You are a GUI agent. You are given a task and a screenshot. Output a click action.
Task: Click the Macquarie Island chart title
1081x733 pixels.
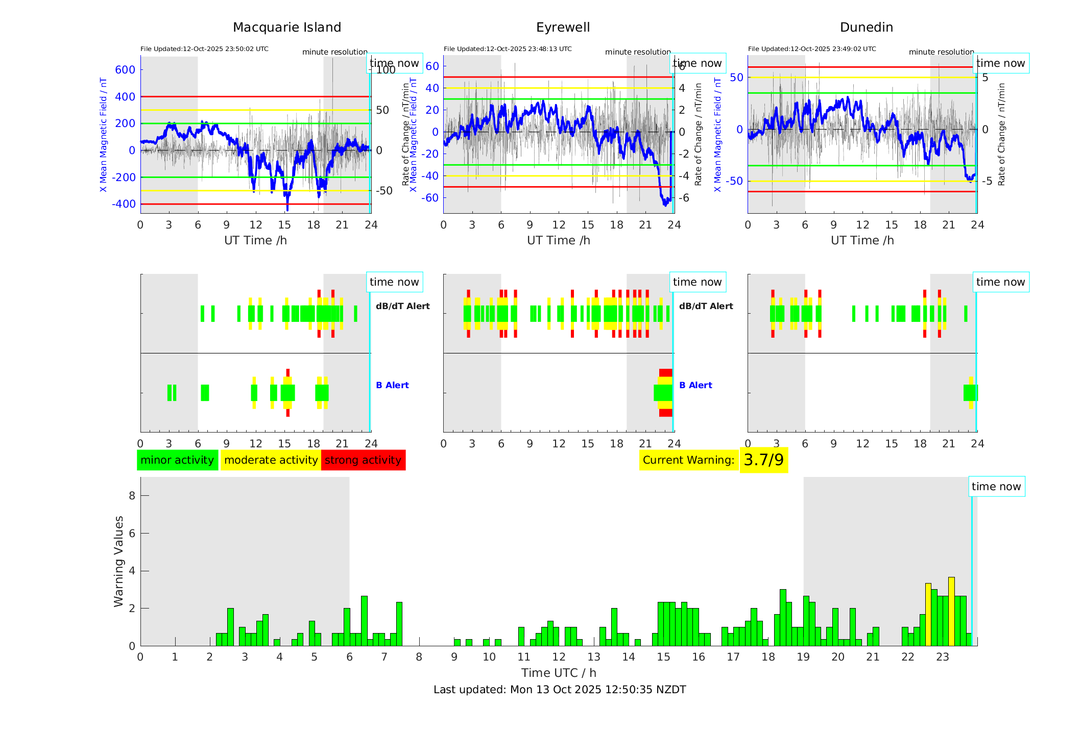click(x=286, y=28)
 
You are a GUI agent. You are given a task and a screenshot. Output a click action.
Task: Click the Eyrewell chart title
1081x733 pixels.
click(x=563, y=28)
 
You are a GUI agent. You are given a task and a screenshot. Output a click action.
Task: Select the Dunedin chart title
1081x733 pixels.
click(x=866, y=28)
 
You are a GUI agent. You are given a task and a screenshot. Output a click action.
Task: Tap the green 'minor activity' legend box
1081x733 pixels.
click(x=177, y=460)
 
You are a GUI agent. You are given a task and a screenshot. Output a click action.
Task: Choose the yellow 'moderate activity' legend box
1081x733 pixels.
click(x=271, y=460)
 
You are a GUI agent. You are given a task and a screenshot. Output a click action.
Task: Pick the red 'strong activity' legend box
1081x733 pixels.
click(x=363, y=460)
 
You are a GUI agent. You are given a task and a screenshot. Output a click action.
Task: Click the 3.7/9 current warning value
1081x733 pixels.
click(x=763, y=460)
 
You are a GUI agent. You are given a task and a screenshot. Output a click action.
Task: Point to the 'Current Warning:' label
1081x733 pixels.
click(x=688, y=460)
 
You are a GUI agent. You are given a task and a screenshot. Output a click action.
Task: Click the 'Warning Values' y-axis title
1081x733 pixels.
click(x=119, y=561)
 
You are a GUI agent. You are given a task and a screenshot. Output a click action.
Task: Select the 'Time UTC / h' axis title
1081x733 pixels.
click(x=559, y=673)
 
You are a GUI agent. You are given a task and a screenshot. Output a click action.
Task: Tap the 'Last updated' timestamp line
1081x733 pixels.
click(x=560, y=690)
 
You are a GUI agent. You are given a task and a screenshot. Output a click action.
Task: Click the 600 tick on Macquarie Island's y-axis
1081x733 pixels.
click(x=125, y=70)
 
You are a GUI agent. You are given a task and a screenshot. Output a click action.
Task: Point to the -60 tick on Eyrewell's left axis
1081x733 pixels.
click(x=431, y=198)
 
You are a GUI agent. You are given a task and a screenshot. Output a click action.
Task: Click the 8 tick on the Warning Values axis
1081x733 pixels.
click(x=132, y=496)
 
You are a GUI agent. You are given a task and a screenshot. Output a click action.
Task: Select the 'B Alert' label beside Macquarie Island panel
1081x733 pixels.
click(x=392, y=385)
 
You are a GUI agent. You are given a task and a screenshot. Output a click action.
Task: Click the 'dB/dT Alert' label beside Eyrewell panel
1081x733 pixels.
click(x=706, y=306)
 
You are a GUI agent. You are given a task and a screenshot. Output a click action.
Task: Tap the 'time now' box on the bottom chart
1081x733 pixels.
click(x=996, y=487)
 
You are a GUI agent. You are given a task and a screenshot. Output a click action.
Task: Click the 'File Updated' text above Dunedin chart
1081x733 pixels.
click(x=812, y=49)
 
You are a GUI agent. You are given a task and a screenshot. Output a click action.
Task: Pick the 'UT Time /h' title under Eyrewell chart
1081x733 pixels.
click(x=559, y=240)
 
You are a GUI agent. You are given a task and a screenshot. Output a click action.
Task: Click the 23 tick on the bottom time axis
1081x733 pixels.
click(x=942, y=657)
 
